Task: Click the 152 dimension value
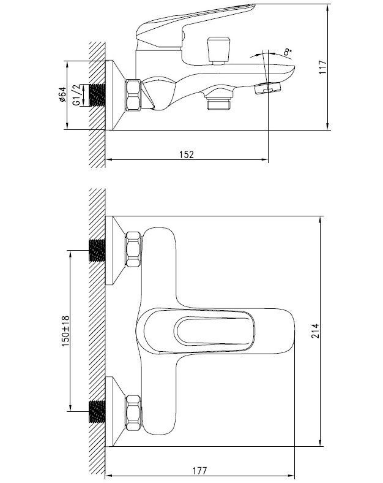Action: (187, 154)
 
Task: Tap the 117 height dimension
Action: (322, 67)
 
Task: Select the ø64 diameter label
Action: (62, 94)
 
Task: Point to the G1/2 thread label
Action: (76, 95)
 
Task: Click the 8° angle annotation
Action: (288, 52)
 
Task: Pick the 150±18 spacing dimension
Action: (65, 331)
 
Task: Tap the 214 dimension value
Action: (315, 331)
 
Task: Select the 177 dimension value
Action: (200, 471)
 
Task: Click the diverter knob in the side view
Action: (218, 50)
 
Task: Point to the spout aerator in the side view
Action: (267, 88)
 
